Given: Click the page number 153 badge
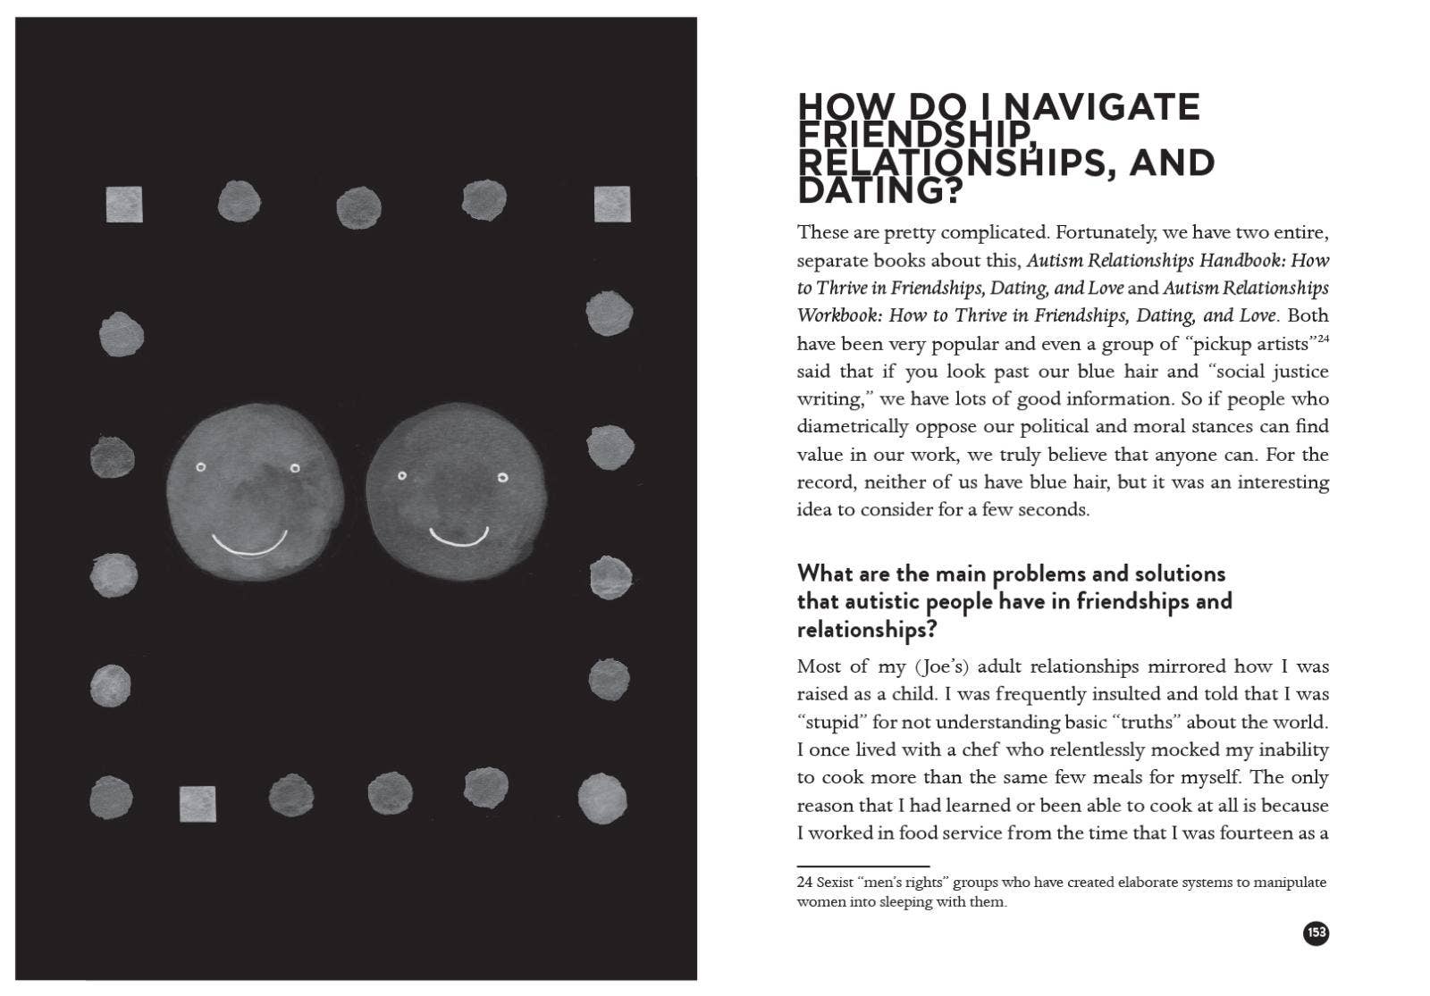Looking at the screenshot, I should tap(1316, 933).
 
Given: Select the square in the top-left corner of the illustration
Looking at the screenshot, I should tap(124, 204).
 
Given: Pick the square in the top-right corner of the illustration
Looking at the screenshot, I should tap(612, 204).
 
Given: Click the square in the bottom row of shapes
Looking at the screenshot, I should tap(198, 804).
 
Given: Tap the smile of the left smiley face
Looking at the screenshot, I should tap(249, 544).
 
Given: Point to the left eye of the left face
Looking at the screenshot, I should tap(201, 467).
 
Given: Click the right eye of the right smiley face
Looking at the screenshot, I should tap(502, 478).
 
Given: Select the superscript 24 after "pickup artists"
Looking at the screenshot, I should tap(1323, 338).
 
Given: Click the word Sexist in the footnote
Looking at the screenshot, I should tap(835, 883).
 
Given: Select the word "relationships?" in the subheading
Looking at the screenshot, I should tap(866, 630).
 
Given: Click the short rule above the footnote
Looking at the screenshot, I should tap(863, 866).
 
